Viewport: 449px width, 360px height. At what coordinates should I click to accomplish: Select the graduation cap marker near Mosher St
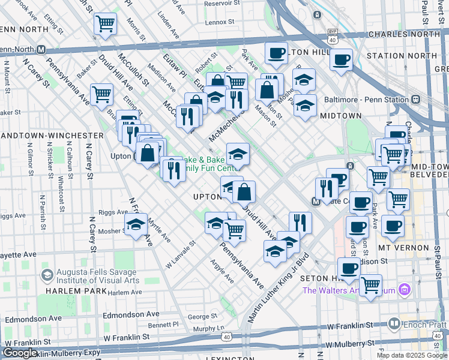click(x=136, y=226)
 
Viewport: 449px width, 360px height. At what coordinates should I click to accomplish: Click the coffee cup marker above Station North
click(x=341, y=60)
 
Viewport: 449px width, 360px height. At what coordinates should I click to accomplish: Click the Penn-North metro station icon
click(x=41, y=49)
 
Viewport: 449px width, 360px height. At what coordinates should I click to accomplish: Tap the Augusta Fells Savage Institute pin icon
click(x=46, y=275)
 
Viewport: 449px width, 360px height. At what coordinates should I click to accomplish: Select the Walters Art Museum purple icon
click(x=405, y=291)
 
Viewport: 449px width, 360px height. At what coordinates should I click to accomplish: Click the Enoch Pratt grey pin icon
click(x=394, y=324)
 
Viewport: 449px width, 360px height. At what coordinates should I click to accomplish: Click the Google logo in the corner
click(x=19, y=353)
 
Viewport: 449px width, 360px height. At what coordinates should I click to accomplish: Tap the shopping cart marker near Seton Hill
click(x=371, y=284)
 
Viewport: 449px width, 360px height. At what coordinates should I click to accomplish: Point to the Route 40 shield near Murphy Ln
click(x=226, y=337)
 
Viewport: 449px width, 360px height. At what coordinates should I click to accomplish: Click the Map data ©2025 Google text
click(x=411, y=355)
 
